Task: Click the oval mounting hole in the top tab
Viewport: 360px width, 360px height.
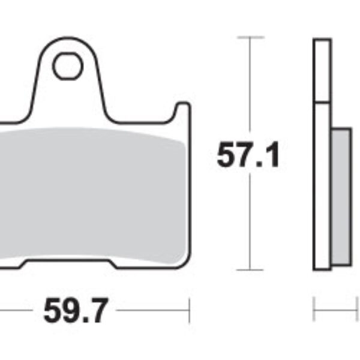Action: click(x=67, y=67)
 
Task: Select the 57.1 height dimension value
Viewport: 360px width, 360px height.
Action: click(x=248, y=155)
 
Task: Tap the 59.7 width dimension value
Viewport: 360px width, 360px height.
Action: click(x=75, y=311)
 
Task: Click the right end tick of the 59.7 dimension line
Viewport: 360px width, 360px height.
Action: click(x=189, y=311)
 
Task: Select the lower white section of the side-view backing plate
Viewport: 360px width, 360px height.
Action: click(x=322, y=186)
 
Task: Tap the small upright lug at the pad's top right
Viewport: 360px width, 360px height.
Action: click(x=182, y=114)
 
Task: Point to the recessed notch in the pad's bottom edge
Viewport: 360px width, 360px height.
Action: click(x=67, y=263)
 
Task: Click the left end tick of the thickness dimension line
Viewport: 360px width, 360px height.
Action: click(x=314, y=311)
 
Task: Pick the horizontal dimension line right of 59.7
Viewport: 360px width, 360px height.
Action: click(x=153, y=311)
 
